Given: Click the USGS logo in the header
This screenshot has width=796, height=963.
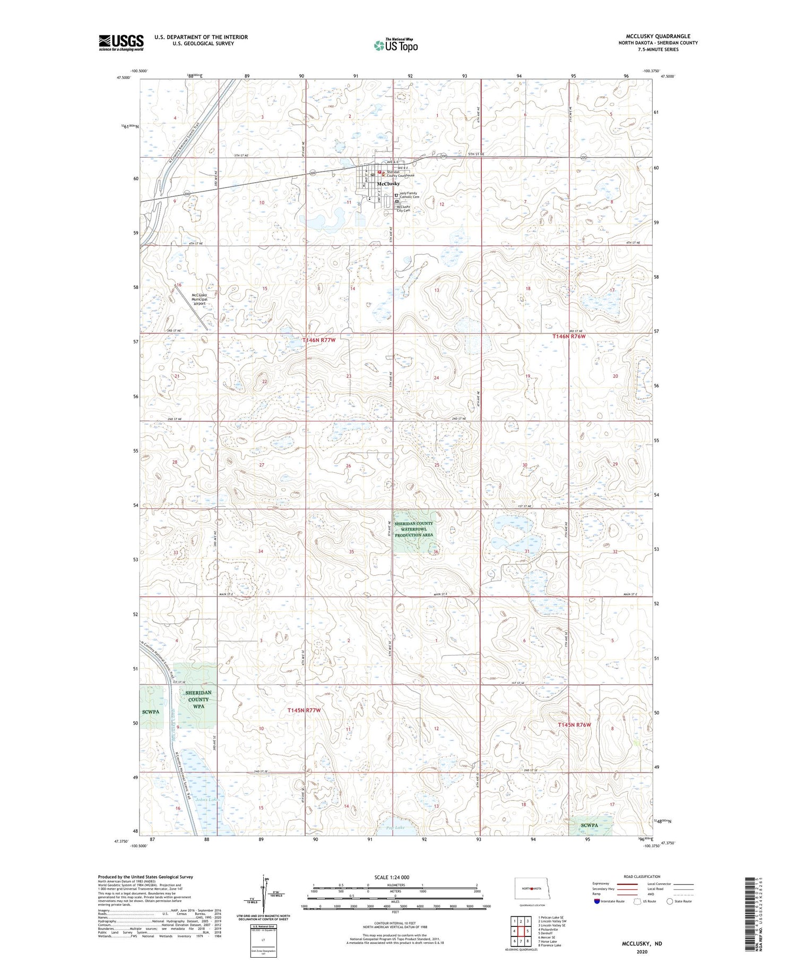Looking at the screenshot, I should click(121, 42).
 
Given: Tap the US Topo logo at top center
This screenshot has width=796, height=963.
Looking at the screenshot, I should click(396, 46).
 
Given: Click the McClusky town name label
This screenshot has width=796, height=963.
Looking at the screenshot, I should click(388, 184).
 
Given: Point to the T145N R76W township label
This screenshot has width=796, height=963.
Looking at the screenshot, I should click(574, 725).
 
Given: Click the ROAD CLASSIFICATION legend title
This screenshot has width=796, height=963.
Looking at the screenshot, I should click(642, 876).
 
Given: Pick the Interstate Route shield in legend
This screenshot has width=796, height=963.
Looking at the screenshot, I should click(596, 901).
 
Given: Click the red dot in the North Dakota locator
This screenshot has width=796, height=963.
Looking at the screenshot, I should click(531, 888).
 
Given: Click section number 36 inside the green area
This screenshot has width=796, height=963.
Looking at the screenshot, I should click(436, 552).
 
